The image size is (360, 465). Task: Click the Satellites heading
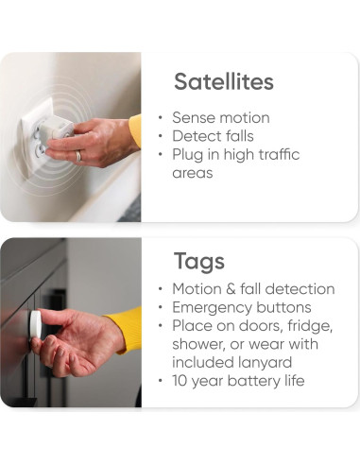(x=224, y=81)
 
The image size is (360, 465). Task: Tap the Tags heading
(x=199, y=261)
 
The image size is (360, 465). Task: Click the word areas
(x=193, y=174)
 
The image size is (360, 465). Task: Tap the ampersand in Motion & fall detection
(x=231, y=289)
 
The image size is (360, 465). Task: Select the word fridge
(x=310, y=326)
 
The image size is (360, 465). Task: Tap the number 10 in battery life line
(x=180, y=381)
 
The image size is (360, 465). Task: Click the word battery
(x=253, y=381)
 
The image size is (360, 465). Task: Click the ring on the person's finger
(x=78, y=156)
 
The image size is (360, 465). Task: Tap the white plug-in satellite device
(x=59, y=128)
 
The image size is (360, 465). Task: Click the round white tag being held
(x=35, y=326)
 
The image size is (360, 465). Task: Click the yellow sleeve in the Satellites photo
(x=135, y=131)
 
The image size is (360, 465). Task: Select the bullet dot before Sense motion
(x=161, y=118)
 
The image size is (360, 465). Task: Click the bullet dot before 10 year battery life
(x=161, y=381)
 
